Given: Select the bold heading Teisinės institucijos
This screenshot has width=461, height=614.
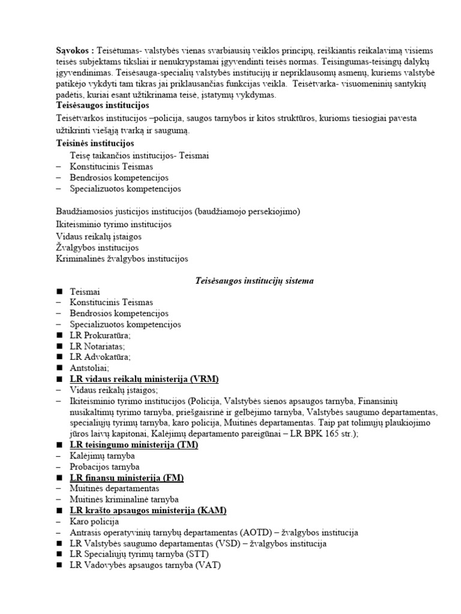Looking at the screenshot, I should coord(94,143).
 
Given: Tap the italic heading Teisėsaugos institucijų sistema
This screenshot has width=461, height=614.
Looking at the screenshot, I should coord(255,280).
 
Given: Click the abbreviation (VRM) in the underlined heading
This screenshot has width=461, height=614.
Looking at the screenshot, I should coord(204,379).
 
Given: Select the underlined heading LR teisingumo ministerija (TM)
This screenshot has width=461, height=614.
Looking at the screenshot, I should coord(133,445).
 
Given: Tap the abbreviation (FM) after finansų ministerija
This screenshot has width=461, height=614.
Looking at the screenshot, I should coord(173,478).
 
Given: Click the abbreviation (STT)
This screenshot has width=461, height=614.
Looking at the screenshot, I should coord(193,554).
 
